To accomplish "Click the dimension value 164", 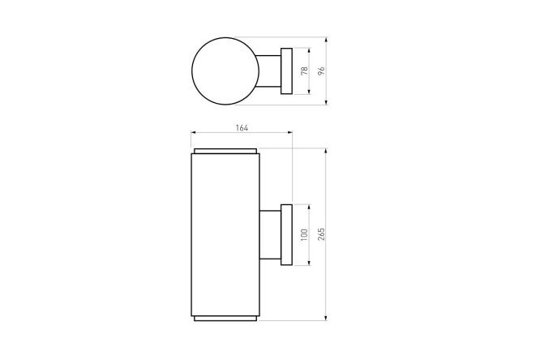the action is point(242,128).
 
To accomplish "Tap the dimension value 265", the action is point(321,234).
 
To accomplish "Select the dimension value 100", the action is point(304,234).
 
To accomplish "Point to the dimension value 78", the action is point(304,71).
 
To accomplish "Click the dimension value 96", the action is point(321,71).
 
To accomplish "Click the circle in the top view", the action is point(192,71).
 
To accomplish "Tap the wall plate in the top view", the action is point(286,71).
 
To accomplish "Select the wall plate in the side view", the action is point(286,234).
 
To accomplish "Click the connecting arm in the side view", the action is point(270,234).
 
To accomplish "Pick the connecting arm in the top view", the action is point(268,71).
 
